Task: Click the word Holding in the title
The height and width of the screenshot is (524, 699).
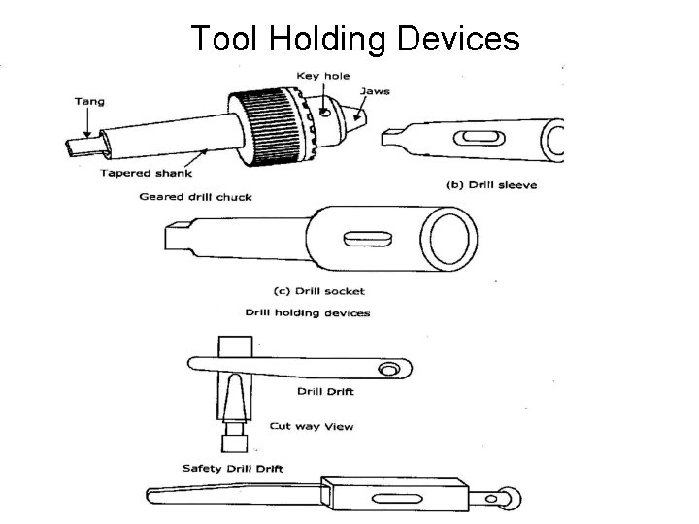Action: point(327,39)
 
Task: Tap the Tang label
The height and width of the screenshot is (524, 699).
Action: point(89,102)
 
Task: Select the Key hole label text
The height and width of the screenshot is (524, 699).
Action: point(323,77)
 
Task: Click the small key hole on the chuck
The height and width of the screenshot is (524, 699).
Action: point(325,112)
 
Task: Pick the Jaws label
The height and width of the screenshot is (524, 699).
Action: point(375,91)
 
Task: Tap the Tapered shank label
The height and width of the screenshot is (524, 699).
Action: point(147,174)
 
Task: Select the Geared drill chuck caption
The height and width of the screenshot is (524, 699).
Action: point(196,197)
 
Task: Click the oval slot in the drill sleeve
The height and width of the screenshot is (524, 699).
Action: point(480,137)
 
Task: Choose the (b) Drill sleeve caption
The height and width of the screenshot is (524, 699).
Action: point(491,185)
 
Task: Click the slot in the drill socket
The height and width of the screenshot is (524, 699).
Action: point(368,239)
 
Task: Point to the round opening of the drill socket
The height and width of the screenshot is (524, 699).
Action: point(449,239)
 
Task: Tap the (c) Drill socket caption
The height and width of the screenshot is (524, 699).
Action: point(319,291)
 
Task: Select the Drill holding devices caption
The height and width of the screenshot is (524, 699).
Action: point(308,313)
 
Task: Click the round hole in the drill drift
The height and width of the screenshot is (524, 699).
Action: point(388,370)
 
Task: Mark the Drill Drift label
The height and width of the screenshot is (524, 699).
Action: point(325,392)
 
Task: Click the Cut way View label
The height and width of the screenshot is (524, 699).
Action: point(312,426)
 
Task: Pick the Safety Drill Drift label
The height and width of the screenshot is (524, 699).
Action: point(233,469)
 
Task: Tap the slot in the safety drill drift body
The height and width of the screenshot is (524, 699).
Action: point(397,499)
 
